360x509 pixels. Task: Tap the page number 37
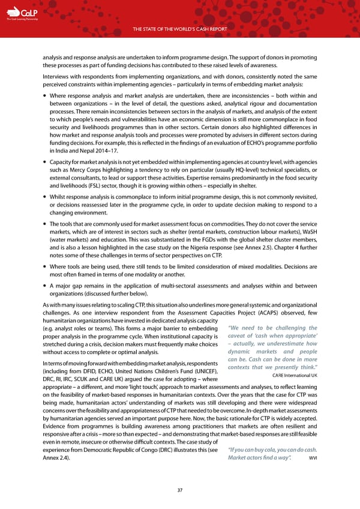(180, 489)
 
